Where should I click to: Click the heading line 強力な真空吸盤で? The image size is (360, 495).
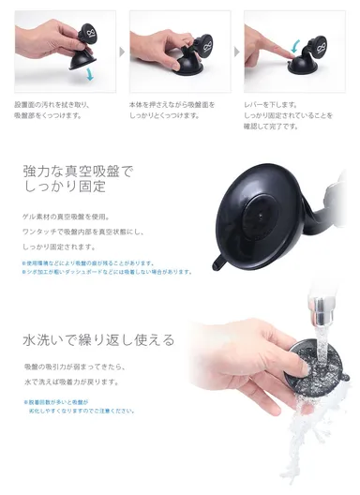click(77, 172)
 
